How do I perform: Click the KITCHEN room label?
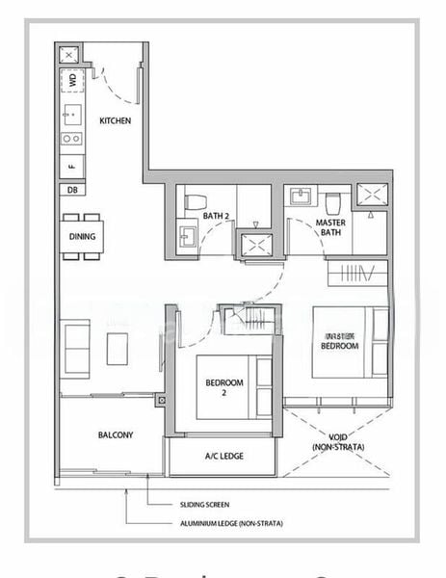coord(116,120)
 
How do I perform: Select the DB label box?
coord(72,190)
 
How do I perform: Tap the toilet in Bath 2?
coord(196,203)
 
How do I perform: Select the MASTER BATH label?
coord(331,227)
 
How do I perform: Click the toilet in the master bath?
coord(333,203)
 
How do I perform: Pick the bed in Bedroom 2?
coord(234,386)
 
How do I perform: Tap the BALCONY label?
coord(116,435)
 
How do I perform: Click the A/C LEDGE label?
coord(223,457)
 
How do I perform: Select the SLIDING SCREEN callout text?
coord(204,504)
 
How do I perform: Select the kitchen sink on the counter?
coord(71,114)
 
